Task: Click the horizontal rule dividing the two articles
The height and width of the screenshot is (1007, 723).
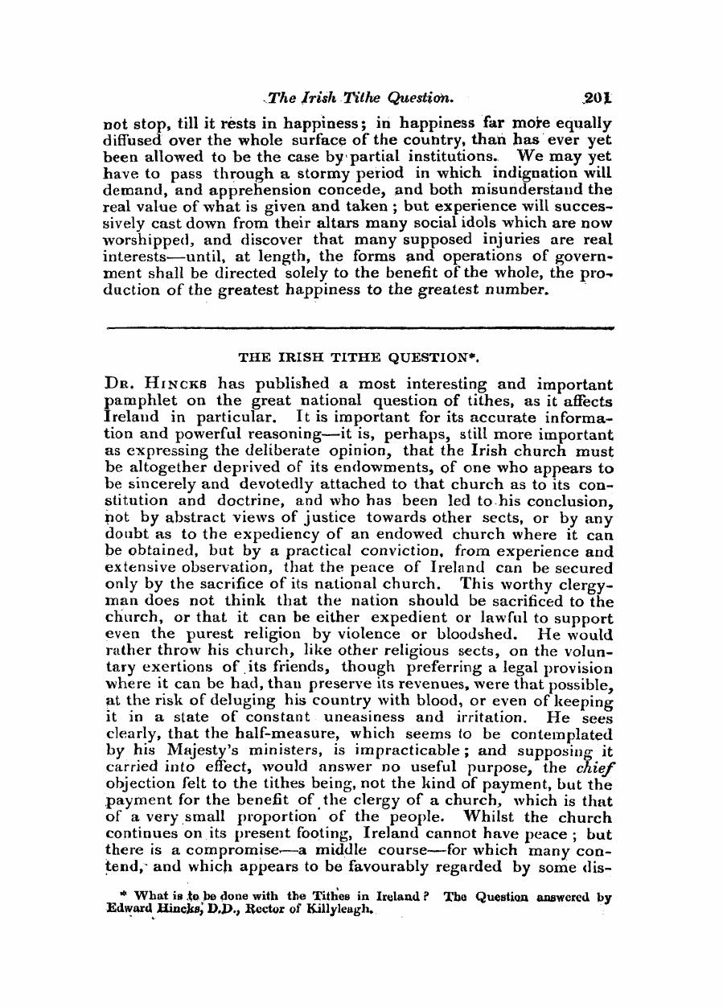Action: [x=360, y=327]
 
